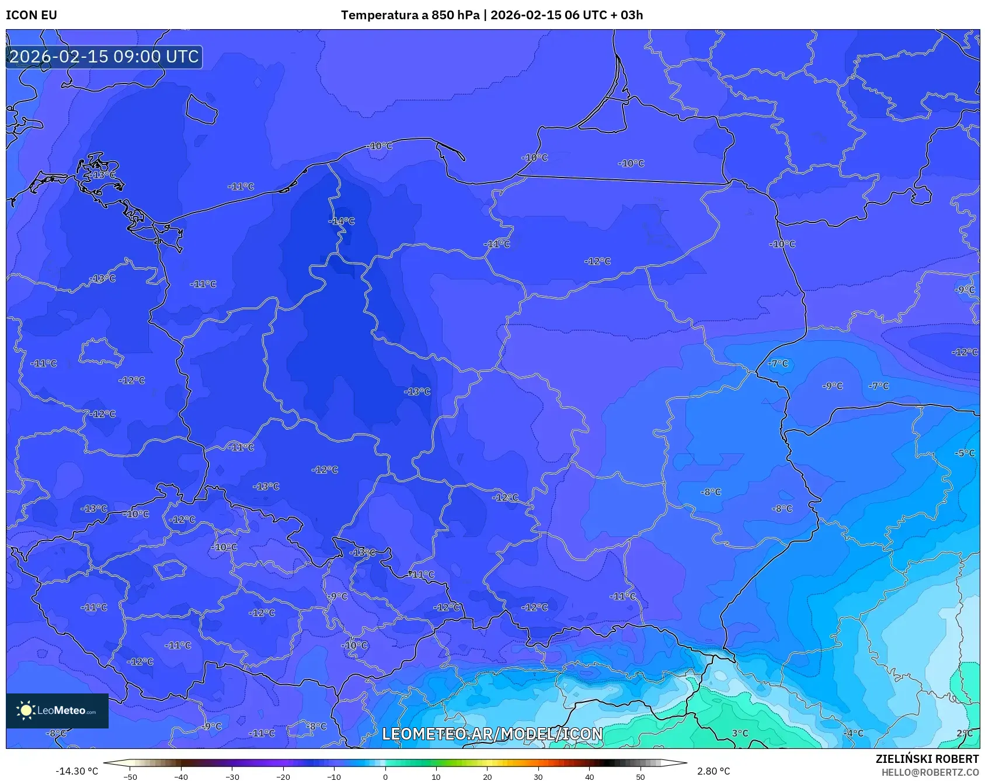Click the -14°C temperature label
pos(342,221)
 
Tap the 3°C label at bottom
pos(740,733)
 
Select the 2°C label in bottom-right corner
pos(965,733)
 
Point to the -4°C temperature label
pos(854,733)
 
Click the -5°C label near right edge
pos(965,453)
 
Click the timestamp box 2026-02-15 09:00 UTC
pos(104,57)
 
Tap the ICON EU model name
pos(32,15)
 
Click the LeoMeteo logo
pos(57,710)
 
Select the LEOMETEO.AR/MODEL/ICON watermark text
pos(492,734)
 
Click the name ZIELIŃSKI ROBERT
pos(927,759)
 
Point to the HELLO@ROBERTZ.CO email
pos(930,772)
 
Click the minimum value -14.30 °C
pos(76,771)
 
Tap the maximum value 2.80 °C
pos(713,771)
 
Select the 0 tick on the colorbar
pos(385,776)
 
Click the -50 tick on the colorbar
pos(130,776)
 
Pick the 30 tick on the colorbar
pos(538,776)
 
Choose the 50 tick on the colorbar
pos(640,776)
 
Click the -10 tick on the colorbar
pos(333,776)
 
